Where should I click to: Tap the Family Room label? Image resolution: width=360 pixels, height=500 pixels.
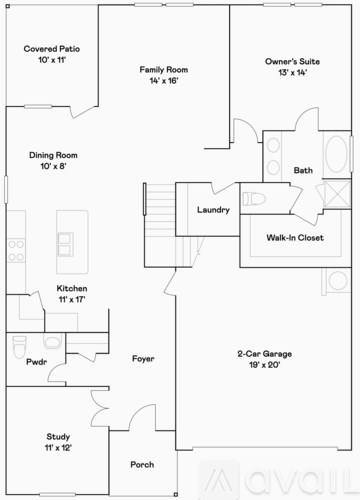tap(163, 69)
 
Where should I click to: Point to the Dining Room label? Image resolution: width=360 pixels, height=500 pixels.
tap(52, 155)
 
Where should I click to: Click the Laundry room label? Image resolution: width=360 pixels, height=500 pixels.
tap(214, 209)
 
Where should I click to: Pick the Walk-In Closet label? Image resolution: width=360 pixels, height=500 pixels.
tap(294, 238)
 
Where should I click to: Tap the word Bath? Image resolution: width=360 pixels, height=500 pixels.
tap(303, 170)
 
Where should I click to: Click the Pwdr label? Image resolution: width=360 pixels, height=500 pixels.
tap(37, 361)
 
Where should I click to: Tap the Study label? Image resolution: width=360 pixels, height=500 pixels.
tap(58, 436)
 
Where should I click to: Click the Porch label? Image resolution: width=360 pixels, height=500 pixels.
tap(142, 464)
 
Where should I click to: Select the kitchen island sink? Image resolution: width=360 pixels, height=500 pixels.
tap(65, 241)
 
